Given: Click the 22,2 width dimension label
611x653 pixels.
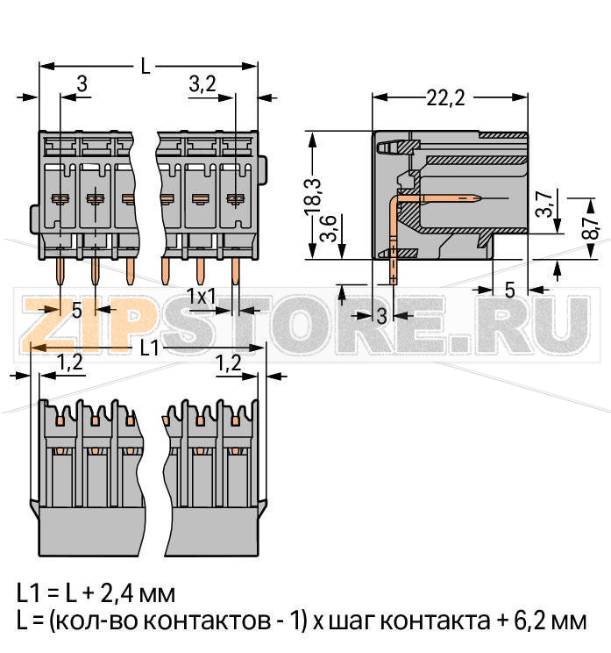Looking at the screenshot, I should pos(444,97).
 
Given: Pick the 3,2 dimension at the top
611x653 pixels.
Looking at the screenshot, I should pos(202,84).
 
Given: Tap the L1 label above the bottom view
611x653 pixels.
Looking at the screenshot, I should pos(150,348).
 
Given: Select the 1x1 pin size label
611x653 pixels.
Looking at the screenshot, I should pos(202,297).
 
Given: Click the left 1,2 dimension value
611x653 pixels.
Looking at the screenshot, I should pos(70,361).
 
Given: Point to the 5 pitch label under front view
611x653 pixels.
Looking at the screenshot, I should pos(76,309).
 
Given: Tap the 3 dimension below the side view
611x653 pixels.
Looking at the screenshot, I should pos(380,316).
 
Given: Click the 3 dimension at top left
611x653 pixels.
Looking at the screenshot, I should pos(82,84).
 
